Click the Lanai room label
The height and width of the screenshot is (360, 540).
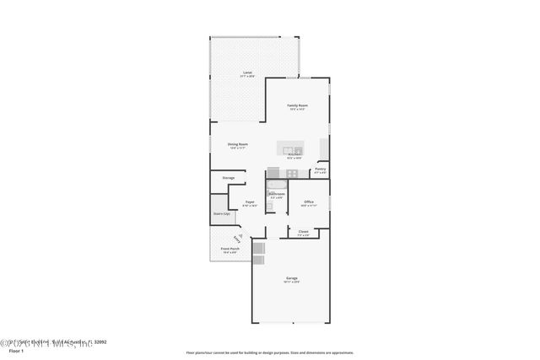click(x=247, y=73)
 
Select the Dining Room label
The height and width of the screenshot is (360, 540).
click(x=237, y=144)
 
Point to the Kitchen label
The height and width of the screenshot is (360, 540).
click(x=294, y=155)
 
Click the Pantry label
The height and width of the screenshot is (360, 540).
click(x=320, y=169)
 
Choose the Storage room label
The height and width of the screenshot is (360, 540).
click(x=228, y=178)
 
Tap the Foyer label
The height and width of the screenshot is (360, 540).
click(x=250, y=202)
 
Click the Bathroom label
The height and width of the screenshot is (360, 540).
click(x=277, y=195)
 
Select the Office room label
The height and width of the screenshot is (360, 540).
click(x=309, y=202)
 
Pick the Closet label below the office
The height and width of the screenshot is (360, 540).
click(x=303, y=231)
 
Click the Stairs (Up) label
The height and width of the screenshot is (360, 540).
click(x=221, y=213)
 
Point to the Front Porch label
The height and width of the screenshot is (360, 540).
click(x=229, y=249)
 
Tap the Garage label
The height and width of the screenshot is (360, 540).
click(x=291, y=279)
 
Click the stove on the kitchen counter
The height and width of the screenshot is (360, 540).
click(x=291, y=173)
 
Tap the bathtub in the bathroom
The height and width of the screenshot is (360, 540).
click(x=276, y=184)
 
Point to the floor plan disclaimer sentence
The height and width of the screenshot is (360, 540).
click(x=270, y=352)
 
